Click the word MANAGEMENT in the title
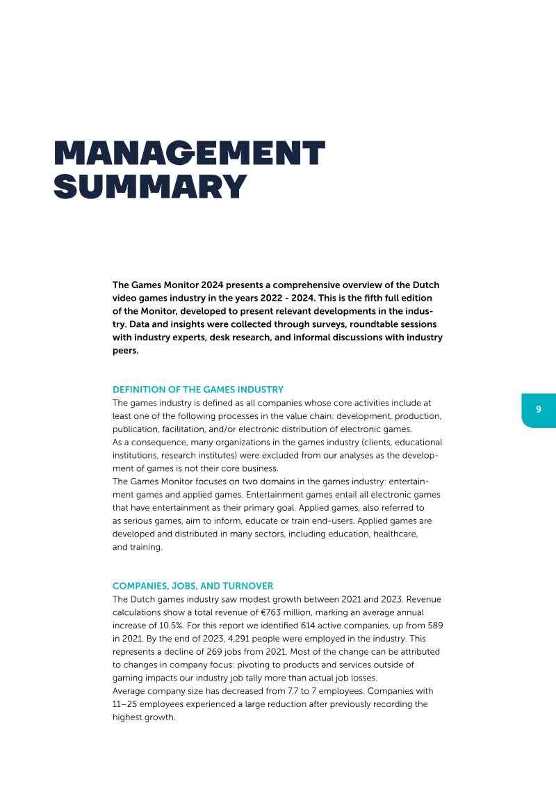[x=189, y=153]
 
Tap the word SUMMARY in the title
[x=150, y=186]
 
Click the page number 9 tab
[x=539, y=410]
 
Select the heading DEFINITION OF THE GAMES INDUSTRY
[x=198, y=390]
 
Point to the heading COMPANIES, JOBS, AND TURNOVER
[x=193, y=586]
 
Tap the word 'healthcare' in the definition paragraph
[x=395, y=534]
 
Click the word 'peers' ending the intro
[x=125, y=351]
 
